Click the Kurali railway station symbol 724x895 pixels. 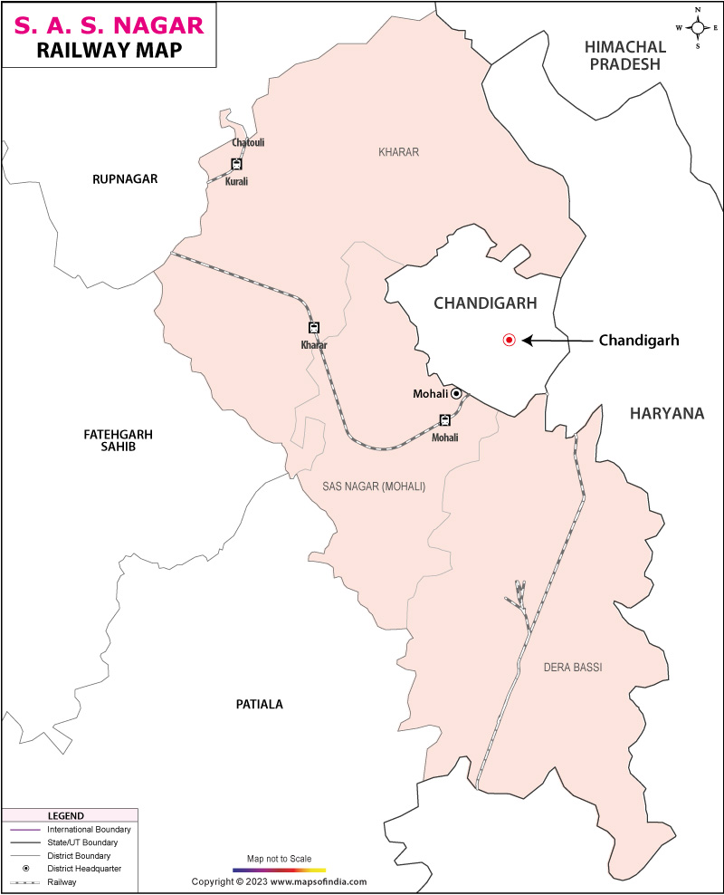pos(236,164)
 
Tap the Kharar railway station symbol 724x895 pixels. pos(313,327)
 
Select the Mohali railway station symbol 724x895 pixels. pos(444,419)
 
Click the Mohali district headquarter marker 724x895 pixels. pos(456,393)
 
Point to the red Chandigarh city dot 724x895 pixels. pos(509,341)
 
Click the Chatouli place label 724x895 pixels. pos(248,143)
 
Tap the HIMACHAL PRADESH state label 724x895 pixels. pos(625,55)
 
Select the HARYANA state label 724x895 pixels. pos(667,413)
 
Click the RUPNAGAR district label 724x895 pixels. pos(125,179)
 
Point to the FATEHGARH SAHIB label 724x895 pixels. pos(118,440)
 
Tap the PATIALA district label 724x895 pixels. pos(260,704)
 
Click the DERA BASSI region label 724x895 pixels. pos(572,668)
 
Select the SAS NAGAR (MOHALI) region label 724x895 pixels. pos(374,486)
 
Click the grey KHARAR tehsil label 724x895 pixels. pos(398,152)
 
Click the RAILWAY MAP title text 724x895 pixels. pos(109,50)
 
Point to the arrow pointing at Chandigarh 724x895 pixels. pos(556,341)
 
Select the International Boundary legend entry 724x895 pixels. pos(70,830)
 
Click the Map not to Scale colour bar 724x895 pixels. pos(279,870)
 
